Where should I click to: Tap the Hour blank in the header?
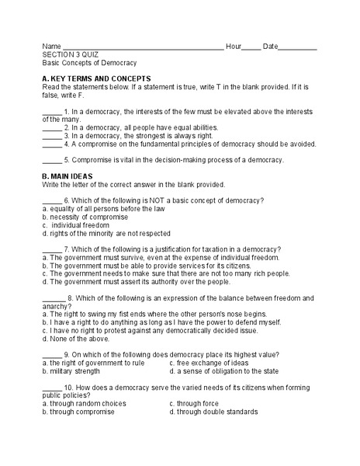tap(251, 48)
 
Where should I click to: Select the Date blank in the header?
tap(298, 48)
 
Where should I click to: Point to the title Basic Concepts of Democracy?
tap(89, 64)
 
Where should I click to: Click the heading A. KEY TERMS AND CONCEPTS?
tap(96, 79)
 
